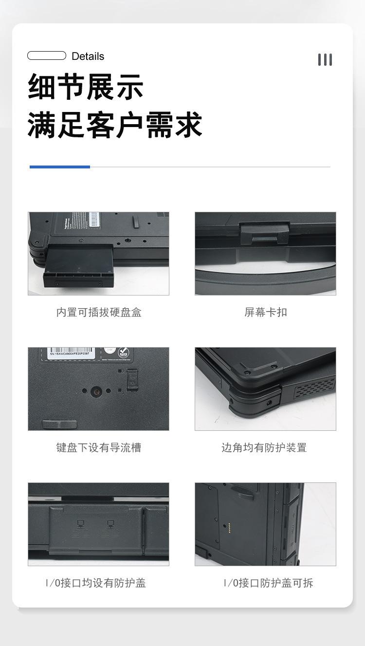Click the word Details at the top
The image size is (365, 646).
pos(88,56)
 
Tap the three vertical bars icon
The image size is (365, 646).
pos(325,60)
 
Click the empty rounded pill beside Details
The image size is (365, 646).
pos(47,55)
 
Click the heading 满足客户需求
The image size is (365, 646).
pos(115,125)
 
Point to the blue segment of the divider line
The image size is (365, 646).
pos(60,167)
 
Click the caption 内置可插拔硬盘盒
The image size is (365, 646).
pos(99,313)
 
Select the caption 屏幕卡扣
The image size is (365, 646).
pos(266,313)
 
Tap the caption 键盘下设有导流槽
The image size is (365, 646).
pos(99,448)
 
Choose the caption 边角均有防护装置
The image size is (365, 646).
pos(264,448)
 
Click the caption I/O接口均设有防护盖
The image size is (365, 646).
pos(96,583)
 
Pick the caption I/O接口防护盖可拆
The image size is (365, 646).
pos(268,583)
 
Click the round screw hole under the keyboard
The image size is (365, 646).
pos(96,390)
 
